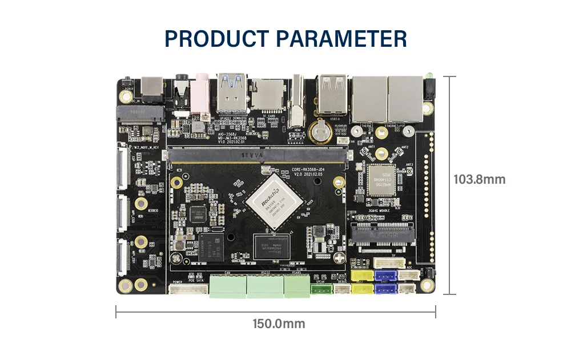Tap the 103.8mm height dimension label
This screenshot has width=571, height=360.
(480, 179)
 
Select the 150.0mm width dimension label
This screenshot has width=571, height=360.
(279, 324)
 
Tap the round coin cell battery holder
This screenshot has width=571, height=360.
(320, 132)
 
